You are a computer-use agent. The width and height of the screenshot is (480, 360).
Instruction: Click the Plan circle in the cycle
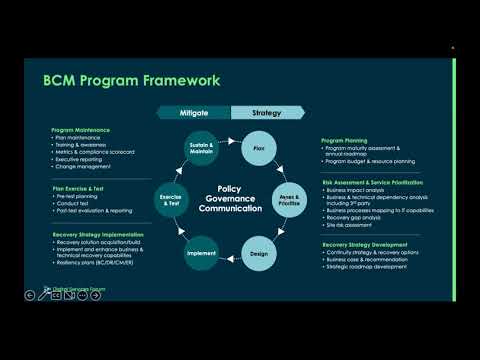[258, 149]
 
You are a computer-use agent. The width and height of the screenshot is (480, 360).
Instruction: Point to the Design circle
[258, 252]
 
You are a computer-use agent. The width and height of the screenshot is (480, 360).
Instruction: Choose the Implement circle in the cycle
[201, 252]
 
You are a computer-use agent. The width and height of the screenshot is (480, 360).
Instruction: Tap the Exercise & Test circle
[172, 200]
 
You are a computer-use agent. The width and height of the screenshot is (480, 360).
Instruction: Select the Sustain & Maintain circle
[201, 149]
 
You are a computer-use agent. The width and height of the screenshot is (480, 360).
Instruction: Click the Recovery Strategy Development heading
[364, 243]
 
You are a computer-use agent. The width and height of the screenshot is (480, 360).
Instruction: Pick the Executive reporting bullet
[81, 158]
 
